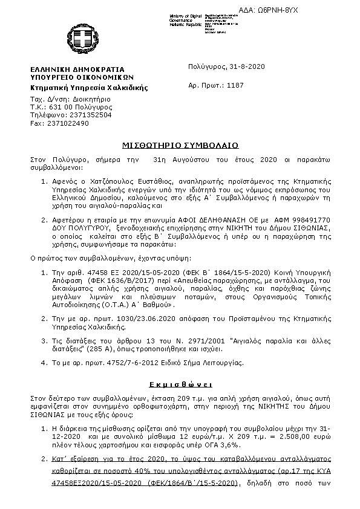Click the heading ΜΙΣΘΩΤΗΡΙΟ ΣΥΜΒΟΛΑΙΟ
click(x=180, y=145)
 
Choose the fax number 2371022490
click(x=68, y=123)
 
